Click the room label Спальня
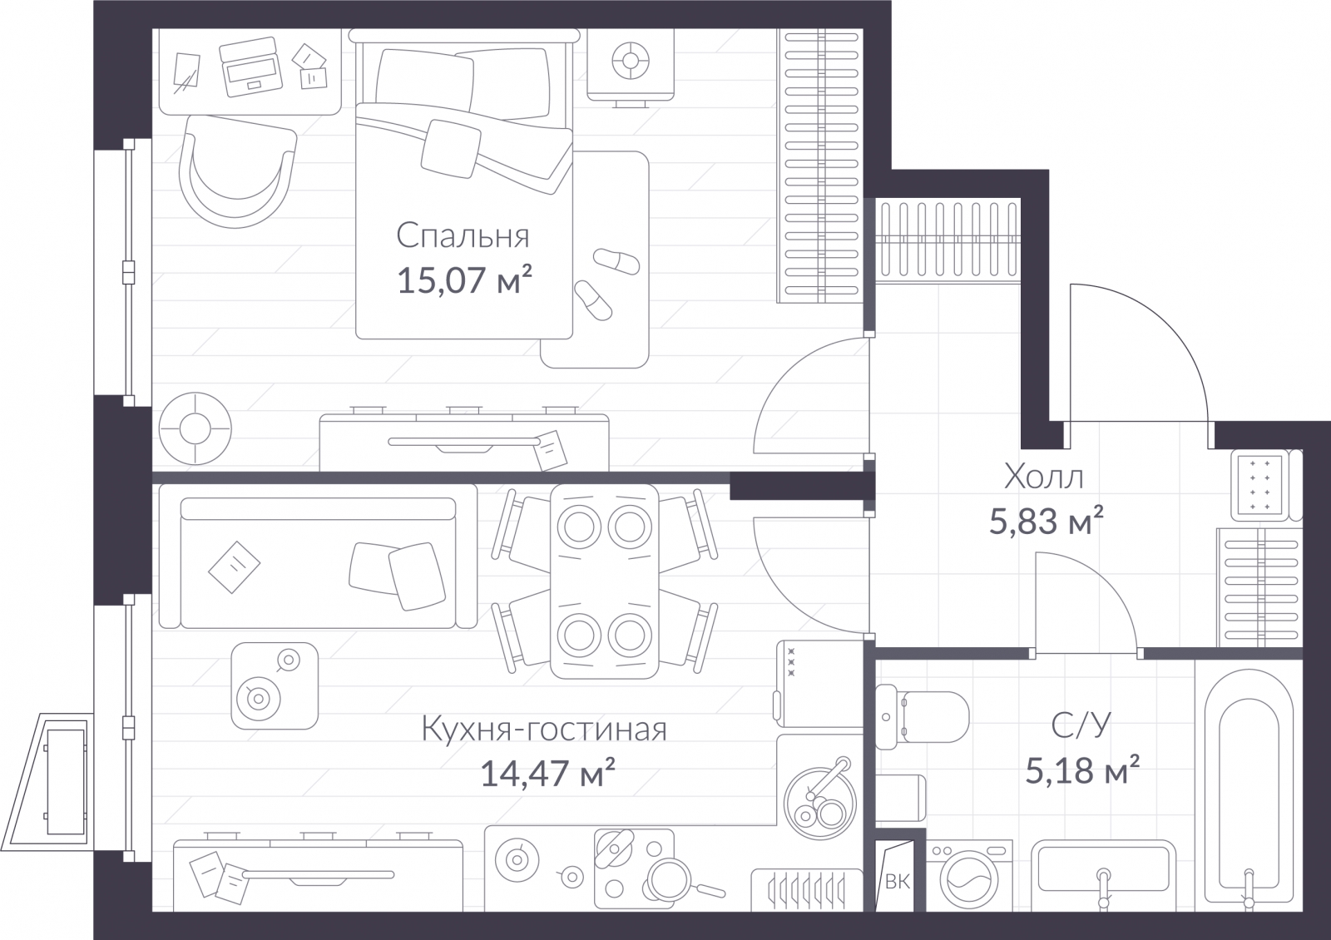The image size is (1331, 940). point(463,236)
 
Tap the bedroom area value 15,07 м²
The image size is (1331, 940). point(464,280)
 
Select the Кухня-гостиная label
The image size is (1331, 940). point(544,729)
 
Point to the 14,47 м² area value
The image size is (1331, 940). point(547,773)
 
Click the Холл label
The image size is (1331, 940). point(1043,477)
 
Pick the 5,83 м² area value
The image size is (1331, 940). point(1046,521)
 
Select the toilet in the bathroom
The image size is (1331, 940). point(921,716)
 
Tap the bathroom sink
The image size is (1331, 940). point(1103,873)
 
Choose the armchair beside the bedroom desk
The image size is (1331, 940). point(238,171)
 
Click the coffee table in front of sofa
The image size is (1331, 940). point(275,685)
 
